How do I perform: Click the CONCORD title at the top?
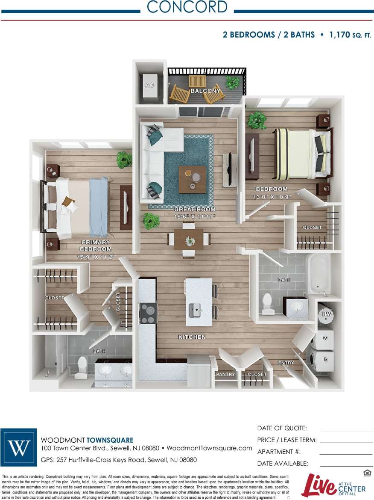(x=187, y=7)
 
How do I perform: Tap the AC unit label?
(x=149, y=85)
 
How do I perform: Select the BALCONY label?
(x=205, y=91)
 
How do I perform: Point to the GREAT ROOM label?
(x=195, y=210)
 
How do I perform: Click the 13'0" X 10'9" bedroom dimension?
(x=271, y=197)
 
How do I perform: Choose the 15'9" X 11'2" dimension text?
(x=96, y=257)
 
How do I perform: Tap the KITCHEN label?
(x=192, y=337)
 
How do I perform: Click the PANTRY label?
(x=225, y=374)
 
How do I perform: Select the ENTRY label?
(x=286, y=363)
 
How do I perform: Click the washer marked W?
(x=325, y=339)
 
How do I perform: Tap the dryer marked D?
(x=325, y=359)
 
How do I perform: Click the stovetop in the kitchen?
(x=148, y=313)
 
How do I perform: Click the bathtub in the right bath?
(x=319, y=274)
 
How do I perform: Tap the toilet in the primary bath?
(x=82, y=364)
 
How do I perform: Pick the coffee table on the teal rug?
(x=192, y=179)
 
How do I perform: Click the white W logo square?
(x=18, y=447)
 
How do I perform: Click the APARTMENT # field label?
(x=279, y=452)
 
